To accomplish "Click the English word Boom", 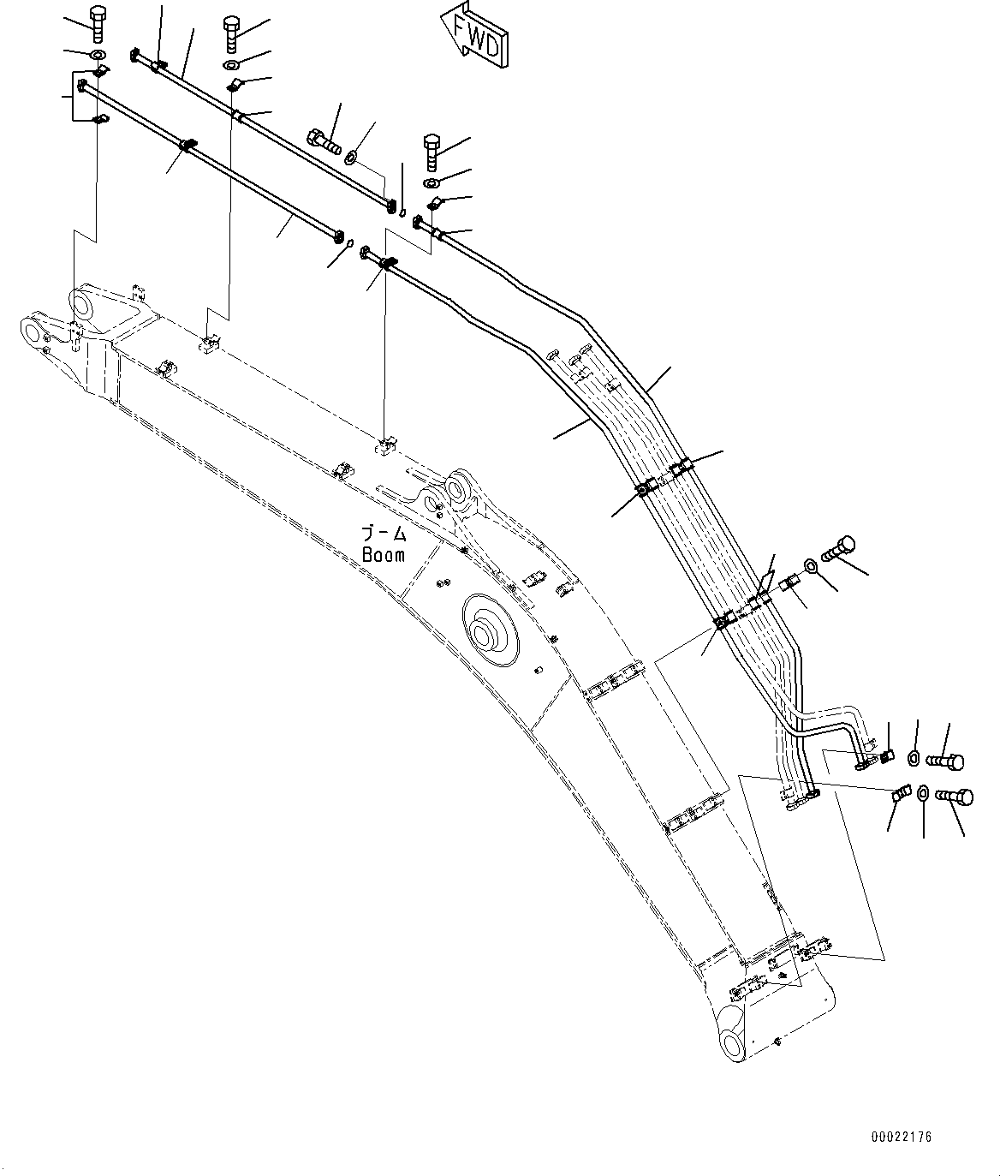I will (384, 554).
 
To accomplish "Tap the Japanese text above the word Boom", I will (385, 534).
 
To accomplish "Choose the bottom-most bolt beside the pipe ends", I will (954, 797).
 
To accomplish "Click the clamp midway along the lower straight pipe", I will (187, 145).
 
